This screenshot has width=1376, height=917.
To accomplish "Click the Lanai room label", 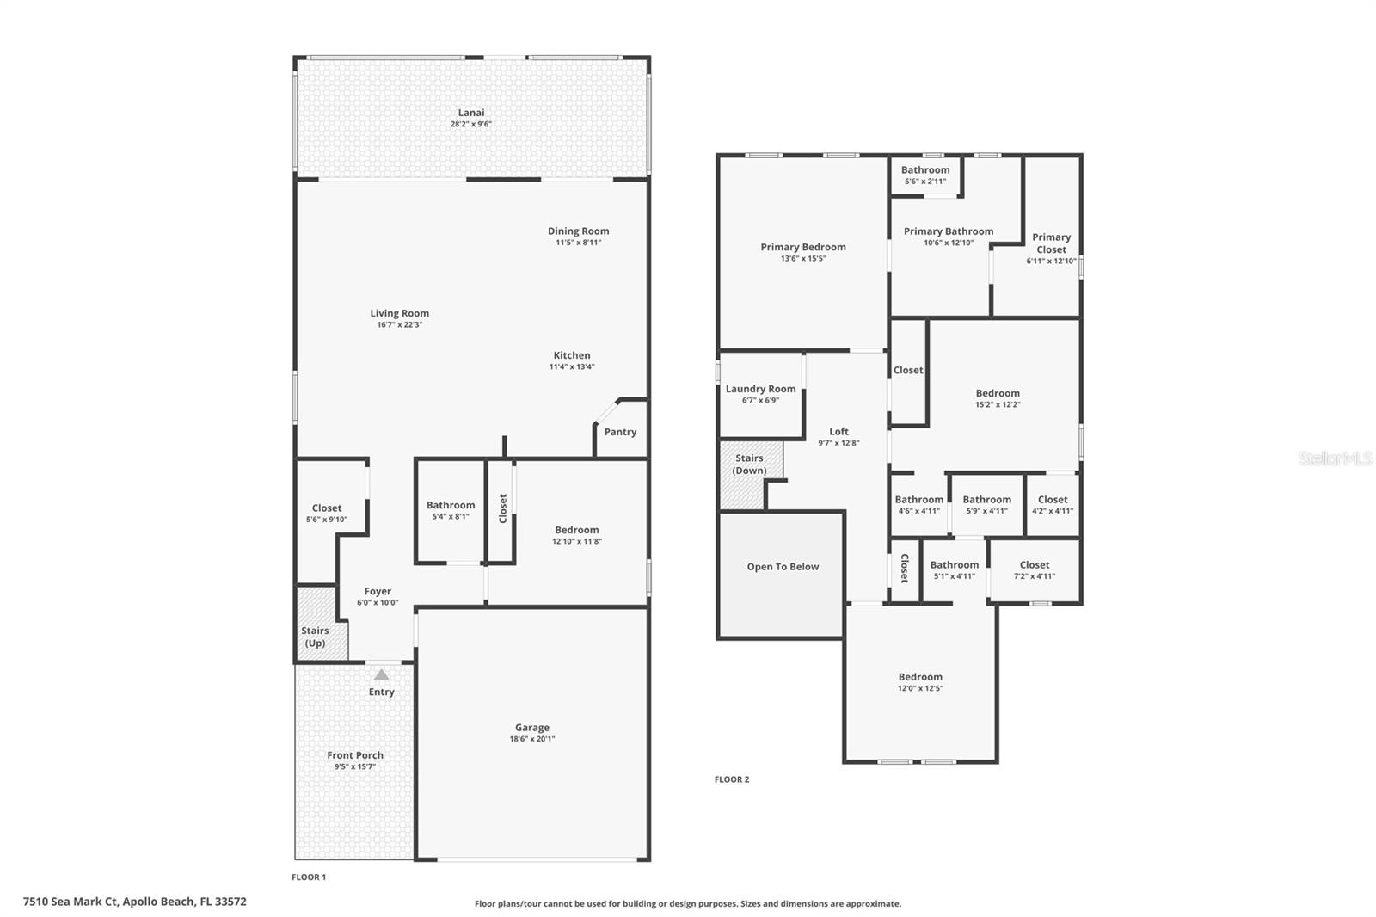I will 470,113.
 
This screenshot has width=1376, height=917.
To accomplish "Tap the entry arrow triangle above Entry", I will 381,675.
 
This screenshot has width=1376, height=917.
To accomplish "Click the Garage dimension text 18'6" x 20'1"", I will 531,739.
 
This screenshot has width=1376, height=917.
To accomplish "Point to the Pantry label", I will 620,432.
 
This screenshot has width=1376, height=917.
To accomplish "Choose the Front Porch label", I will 355,755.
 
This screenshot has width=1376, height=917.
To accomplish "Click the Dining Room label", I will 578,231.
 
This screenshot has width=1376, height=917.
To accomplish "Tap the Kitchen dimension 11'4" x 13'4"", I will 572,366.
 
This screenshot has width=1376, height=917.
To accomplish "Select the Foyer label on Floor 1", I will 378,591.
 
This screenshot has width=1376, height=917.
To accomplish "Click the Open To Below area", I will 782,567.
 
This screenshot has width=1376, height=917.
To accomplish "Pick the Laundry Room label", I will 760,389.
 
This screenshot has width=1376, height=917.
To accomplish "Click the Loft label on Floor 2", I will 838,432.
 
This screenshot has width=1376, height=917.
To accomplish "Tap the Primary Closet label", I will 1051,243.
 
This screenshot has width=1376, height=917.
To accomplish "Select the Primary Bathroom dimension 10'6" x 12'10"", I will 948,243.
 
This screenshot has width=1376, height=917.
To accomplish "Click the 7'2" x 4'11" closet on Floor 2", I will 1034,570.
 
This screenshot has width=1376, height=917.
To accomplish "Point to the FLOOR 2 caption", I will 732,779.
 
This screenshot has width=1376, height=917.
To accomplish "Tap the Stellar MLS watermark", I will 1335,459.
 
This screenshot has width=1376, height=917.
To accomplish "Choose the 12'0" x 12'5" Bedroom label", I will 920,677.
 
